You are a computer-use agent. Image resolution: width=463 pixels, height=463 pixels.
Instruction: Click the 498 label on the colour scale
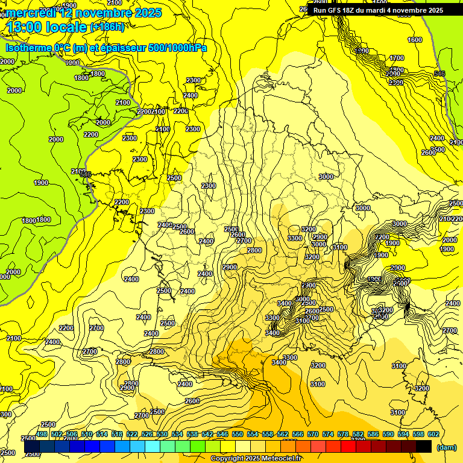[42, 434]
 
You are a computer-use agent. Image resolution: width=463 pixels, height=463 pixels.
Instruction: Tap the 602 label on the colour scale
[433, 434]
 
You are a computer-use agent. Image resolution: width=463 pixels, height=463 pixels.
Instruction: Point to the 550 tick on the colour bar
[238, 434]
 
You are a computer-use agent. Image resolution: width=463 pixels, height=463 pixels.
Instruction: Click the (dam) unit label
[447, 447]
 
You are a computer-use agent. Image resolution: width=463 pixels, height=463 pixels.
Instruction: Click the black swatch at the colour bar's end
[424, 447]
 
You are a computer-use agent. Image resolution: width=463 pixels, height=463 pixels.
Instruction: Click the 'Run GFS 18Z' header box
[378, 10]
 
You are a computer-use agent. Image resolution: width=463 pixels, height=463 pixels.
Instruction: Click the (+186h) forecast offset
[107, 27]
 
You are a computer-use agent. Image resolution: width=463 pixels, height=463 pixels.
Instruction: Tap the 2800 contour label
[254, 250]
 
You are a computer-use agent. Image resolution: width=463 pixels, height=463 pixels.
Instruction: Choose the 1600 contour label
[415, 40]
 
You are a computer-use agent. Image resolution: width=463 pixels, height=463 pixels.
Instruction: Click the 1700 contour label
[396, 58]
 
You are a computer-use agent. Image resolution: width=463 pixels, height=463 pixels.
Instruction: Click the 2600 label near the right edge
[428, 153]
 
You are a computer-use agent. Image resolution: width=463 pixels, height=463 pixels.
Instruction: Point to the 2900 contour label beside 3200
[320, 237]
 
